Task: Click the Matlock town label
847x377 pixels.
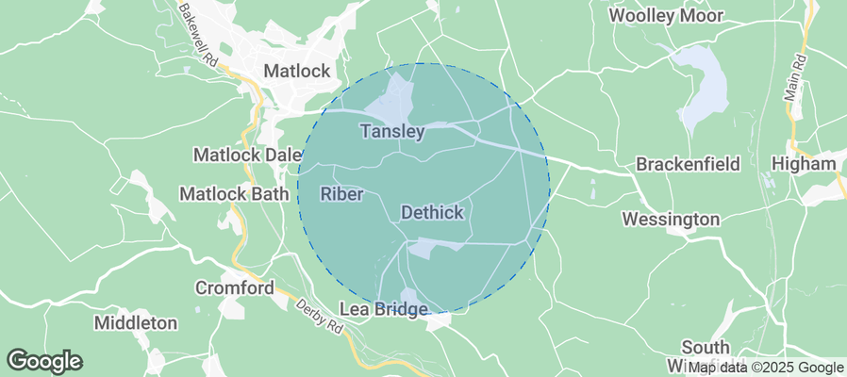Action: (x=296, y=71)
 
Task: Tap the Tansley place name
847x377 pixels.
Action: (x=392, y=132)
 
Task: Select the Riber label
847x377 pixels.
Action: (x=341, y=194)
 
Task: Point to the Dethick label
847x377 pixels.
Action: (x=432, y=213)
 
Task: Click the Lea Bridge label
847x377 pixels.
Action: (x=385, y=309)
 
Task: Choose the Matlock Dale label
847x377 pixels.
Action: (x=247, y=154)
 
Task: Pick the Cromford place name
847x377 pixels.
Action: (x=234, y=287)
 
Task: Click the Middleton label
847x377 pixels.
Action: (x=136, y=322)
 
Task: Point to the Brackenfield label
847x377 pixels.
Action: (x=687, y=164)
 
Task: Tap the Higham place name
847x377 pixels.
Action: (x=804, y=164)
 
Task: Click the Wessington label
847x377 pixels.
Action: (x=671, y=220)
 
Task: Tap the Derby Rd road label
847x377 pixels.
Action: (x=320, y=316)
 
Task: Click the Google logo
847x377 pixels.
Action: (x=44, y=360)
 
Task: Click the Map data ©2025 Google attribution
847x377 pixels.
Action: (x=765, y=367)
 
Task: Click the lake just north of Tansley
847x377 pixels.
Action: (x=398, y=95)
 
